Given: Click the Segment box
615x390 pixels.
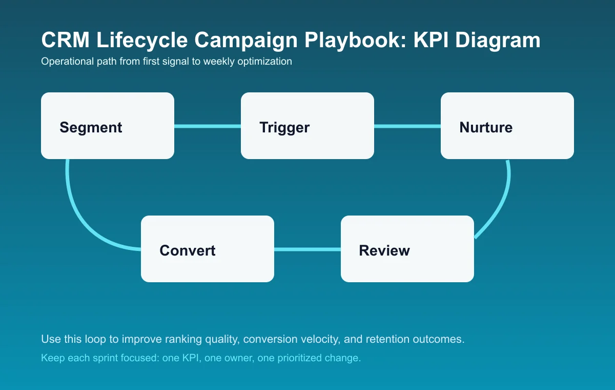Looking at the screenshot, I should pyautogui.click(x=108, y=126).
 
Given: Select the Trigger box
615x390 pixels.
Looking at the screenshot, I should pyautogui.click(x=307, y=126).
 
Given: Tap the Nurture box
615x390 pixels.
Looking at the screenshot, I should pyautogui.click(x=507, y=126).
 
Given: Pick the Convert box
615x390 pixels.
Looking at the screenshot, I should pyautogui.click(x=208, y=249).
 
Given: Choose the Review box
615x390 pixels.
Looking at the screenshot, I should pyautogui.click(x=407, y=249).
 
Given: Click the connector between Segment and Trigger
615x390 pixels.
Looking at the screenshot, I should pyautogui.click(x=208, y=126).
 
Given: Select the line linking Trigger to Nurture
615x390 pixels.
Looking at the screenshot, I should pyautogui.click(x=407, y=126).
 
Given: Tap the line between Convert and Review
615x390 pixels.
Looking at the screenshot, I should pyautogui.click(x=307, y=249).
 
